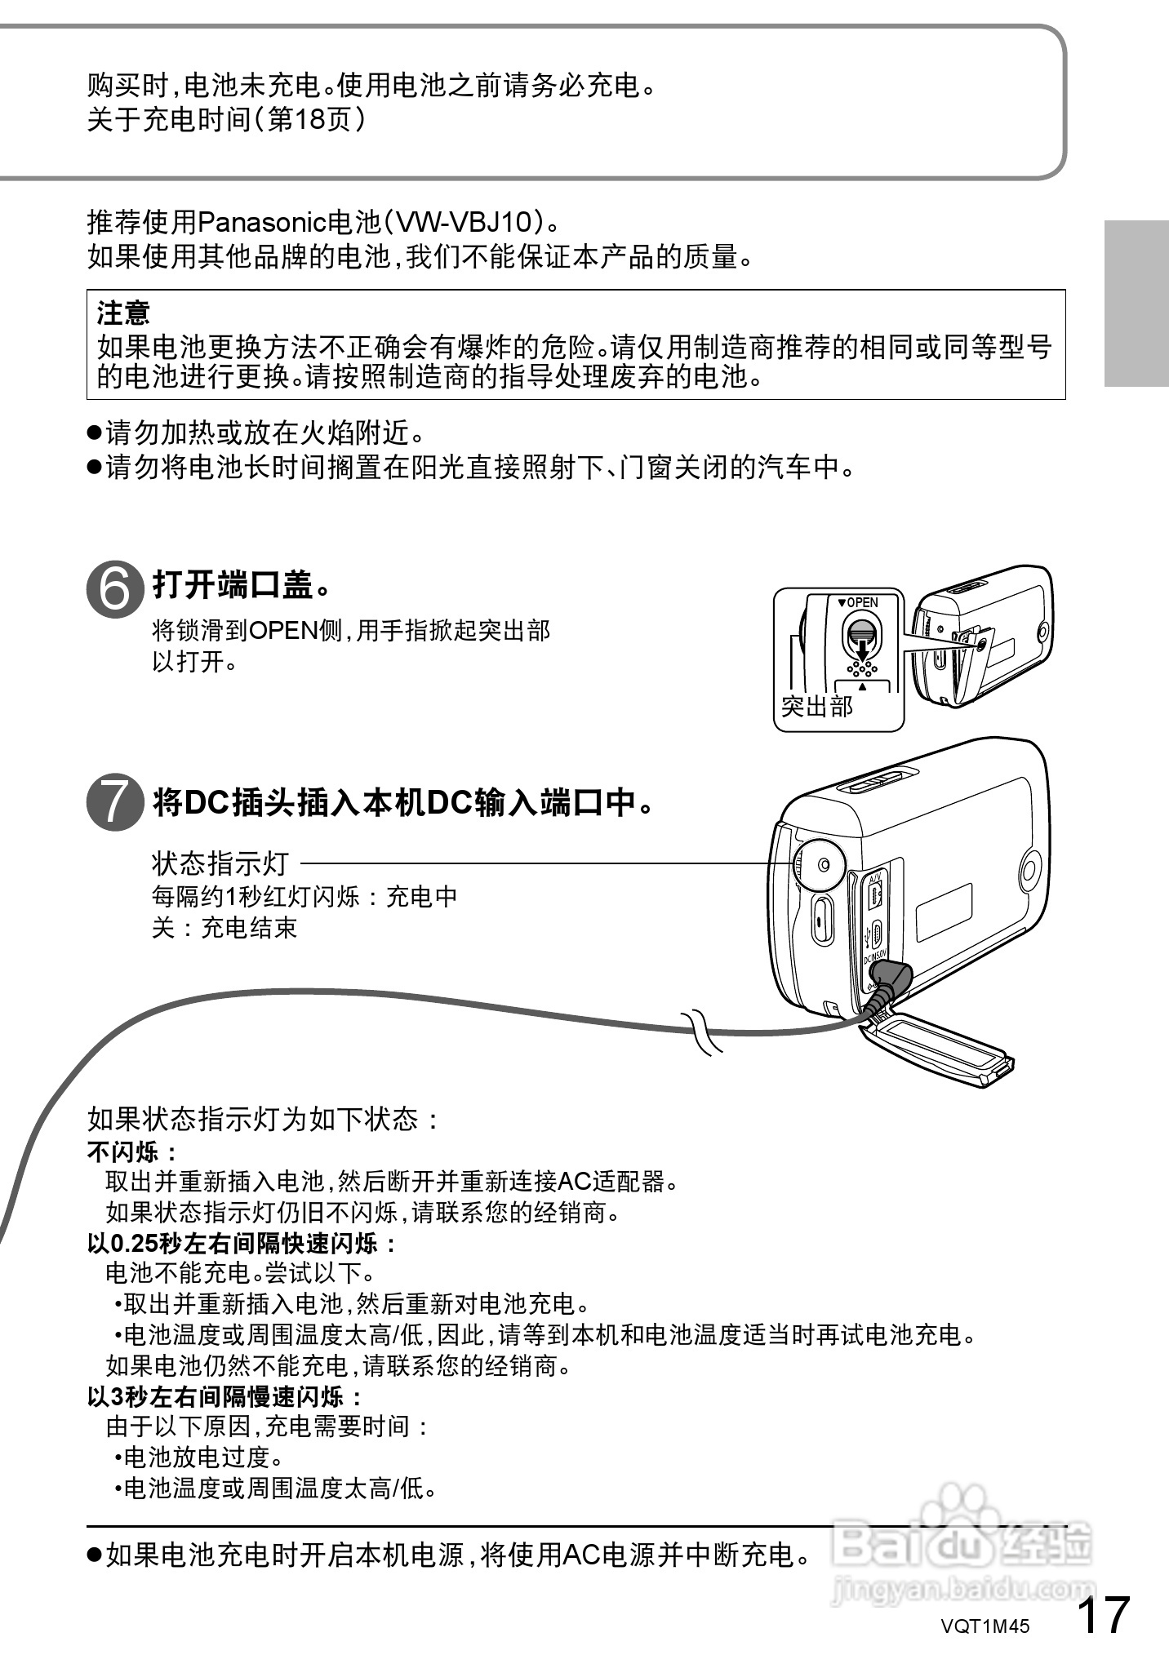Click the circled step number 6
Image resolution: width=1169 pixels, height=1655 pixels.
pyautogui.click(x=114, y=587)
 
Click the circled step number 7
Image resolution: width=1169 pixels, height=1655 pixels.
pyautogui.click(x=114, y=803)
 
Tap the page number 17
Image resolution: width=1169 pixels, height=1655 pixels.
pyautogui.click(x=1103, y=1614)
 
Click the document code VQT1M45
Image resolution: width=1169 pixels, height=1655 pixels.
pyautogui.click(x=985, y=1626)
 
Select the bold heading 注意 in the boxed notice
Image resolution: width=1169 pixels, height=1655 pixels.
pyautogui.click(x=123, y=312)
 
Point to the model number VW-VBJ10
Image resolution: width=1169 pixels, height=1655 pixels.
pyautogui.click(x=464, y=222)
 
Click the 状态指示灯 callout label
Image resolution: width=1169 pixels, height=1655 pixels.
pyautogui.click(x=220, y=863)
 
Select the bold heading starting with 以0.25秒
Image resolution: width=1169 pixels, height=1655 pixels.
pyautogui.click(x=242, y=1244)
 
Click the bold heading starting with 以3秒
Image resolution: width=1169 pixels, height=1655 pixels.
pyautogui.click(x=225, y=1397)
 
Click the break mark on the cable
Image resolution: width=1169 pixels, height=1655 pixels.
pyautogui.click(x=701, y=1031)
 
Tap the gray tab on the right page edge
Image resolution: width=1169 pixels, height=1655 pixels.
pyautogui.click(x=1136, y=303)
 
